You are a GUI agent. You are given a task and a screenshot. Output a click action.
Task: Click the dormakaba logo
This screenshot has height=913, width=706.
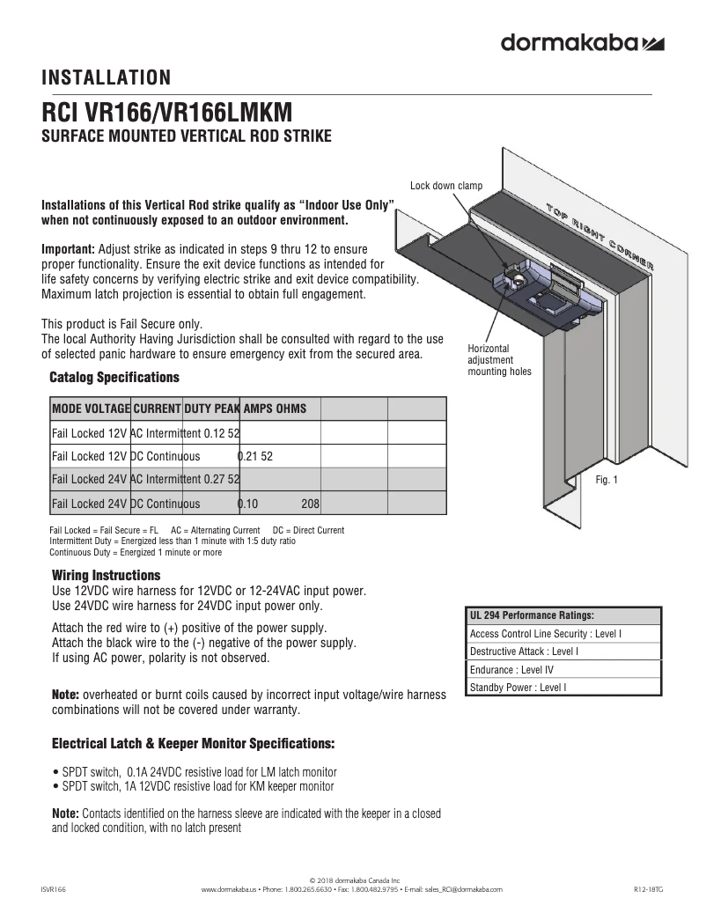(x=582, y=42)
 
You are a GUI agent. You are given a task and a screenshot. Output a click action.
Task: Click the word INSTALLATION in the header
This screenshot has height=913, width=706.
(x=106, y=78)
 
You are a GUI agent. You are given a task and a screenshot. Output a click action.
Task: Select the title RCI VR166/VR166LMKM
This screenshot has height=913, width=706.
(x=167, y=114)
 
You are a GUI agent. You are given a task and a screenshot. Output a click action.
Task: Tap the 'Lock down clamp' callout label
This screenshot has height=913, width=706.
(x=446, y=185)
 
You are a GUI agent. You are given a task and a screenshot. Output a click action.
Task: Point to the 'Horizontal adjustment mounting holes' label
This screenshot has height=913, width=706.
(x=498, y=360)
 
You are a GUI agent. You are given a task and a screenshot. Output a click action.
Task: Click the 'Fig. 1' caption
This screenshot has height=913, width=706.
(x=607, y=480)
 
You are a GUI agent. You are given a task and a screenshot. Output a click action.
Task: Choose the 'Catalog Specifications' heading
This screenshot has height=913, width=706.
(x=114, y=378)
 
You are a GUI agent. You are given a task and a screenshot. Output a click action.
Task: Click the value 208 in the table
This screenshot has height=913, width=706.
(x=310, y=504)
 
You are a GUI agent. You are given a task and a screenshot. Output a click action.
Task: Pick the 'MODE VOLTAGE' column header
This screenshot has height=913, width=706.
(x=91, y=409)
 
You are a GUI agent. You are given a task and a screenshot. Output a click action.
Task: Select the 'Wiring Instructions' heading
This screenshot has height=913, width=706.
(x=107, y=576)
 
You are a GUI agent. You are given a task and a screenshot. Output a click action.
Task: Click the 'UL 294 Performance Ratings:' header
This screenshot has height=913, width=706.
(x=532, y=615)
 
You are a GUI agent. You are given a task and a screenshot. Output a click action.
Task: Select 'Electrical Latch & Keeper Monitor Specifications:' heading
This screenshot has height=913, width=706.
(x=193, y=744)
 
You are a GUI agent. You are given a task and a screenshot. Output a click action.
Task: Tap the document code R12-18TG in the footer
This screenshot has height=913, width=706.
(x=649, y=890)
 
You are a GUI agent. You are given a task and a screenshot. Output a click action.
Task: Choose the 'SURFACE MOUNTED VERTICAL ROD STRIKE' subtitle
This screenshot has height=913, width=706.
(x=187, y=136)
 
